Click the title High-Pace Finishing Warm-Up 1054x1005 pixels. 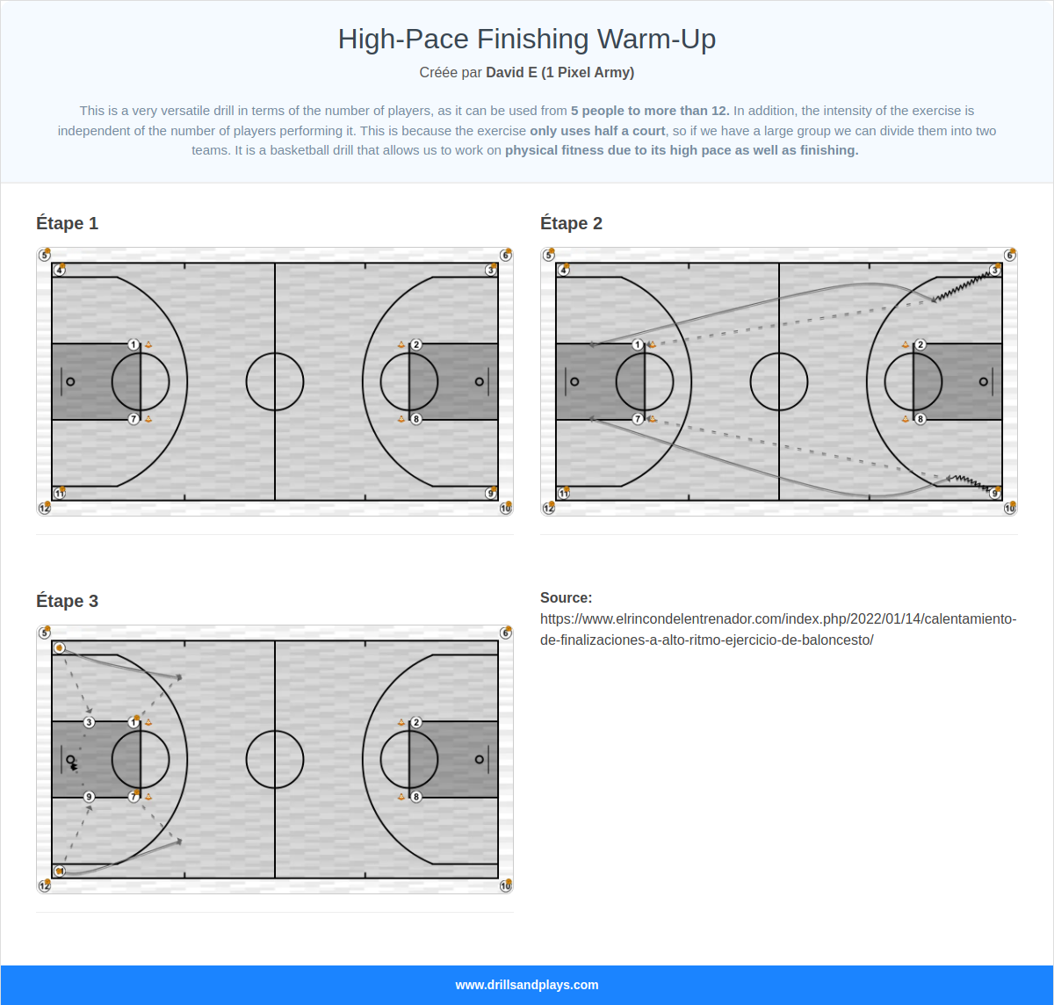(527, 40)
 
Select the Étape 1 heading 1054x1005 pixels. (67, 223)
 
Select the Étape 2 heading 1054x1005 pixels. (571, 223)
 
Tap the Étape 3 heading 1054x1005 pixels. (67, 601)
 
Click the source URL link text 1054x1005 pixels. (778, 629)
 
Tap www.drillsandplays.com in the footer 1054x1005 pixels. (527, 985)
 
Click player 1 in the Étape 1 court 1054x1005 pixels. (134, 344)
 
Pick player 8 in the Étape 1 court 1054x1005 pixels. (416, 419)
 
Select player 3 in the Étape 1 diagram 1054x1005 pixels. (491, 270)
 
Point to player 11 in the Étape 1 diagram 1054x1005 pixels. (60, 494)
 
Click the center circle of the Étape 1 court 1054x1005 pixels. (275, 381)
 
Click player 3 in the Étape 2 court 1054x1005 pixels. (995, 270)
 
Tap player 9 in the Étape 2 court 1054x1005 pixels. (995, 494)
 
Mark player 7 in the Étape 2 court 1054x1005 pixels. (638, 419)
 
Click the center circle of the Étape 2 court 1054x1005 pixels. (779, 381)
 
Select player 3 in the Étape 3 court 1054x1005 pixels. (89, 722)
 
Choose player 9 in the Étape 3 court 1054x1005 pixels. (89, 797)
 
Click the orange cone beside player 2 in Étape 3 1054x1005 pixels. (401, 722)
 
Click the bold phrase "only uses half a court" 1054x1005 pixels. (597, 131)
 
